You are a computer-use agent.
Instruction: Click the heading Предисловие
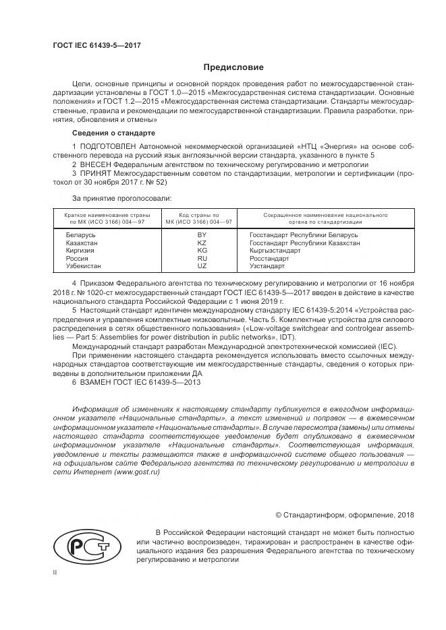233,67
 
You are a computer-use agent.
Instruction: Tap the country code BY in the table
201,234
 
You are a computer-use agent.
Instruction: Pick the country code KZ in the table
201,243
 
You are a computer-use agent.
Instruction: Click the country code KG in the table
201,251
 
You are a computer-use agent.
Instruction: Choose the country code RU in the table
201,259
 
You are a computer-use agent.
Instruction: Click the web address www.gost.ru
137,473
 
